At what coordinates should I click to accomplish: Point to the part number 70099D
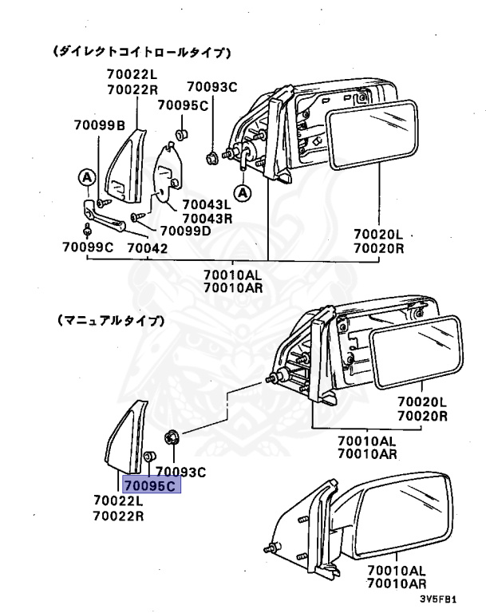pyautogui.click(x=185, y=231)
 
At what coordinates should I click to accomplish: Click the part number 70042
pyautogui.click(x=147, y=247)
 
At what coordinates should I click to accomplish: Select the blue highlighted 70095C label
pyautogui.click(x=150, y=484)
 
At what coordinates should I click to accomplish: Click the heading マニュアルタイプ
pyautogui.click(x=111, y=320)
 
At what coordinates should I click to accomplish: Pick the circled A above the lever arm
pyautogui.click(x=85, y=176)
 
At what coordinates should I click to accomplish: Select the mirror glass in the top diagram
pyautogui.click(x=373, y=135)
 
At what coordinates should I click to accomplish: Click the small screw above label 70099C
pyautogui.click(x=87, y=231)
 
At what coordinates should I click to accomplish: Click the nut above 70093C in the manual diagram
pyautogui.click(x=172, y=437)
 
